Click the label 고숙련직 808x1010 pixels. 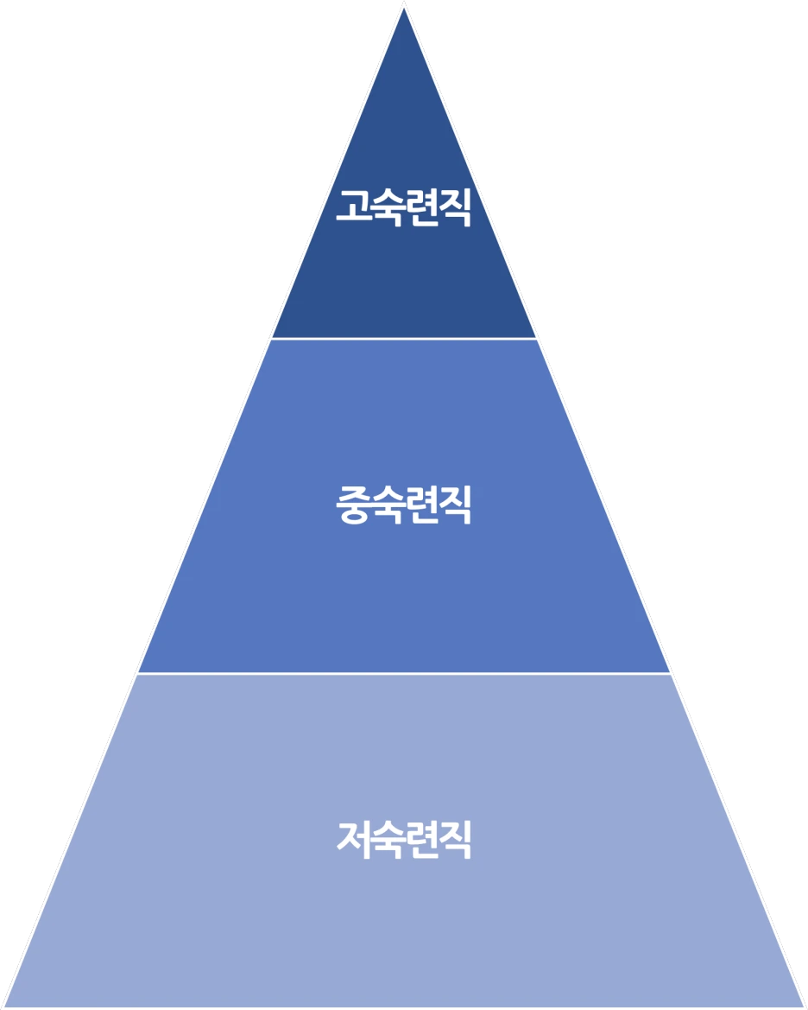(404, 207)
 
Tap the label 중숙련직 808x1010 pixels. (404, 505)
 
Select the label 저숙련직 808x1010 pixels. (404, 839)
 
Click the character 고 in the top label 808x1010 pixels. (353, 207)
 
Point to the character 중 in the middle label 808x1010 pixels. (353, 505)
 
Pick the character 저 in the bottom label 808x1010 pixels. (353, 839)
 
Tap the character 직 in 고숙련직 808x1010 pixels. (455, 207)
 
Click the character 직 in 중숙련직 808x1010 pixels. (455, 505)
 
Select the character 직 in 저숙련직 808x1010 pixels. (455, 839)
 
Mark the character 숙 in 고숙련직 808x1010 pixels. (387, 207)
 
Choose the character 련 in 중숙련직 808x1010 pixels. (421, 505)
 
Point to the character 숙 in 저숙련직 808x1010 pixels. (387, 839)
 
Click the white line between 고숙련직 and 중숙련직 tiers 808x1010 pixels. (404, 339)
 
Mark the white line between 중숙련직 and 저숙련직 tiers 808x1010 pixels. (404, 673)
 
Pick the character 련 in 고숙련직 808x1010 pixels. (421, 207)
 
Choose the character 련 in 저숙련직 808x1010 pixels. (421, 839)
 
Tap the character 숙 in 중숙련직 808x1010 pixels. (387, 505)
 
